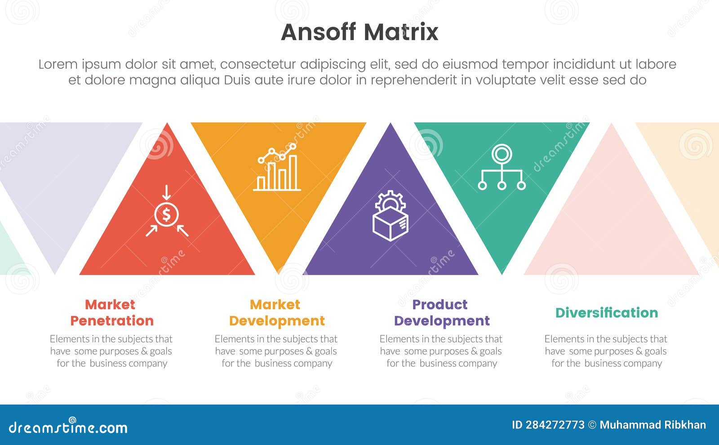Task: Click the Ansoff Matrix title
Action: pos(359,32)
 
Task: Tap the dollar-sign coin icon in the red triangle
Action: pos(166,215)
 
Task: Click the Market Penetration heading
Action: pos(111,312)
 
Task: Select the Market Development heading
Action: pos(276,312)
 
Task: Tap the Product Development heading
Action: pos(441,312)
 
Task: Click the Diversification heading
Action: pos(606,312)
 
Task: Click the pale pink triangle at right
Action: pos(611,225)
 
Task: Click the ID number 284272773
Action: pos(555,425)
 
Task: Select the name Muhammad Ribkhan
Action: pos(652,425)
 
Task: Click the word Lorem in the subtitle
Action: pos(58,64)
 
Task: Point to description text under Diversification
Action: pos(606,351)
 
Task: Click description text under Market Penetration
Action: pos(111,351)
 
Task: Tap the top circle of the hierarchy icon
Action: pos(502,154)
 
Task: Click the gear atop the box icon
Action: pos(390,200)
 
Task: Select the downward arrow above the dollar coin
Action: pos(166,193)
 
